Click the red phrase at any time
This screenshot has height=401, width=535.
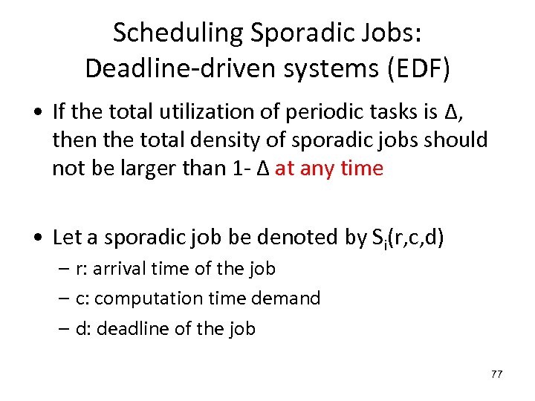[x=328, y=169]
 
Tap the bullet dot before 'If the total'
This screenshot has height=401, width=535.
[x=38, y=112]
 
